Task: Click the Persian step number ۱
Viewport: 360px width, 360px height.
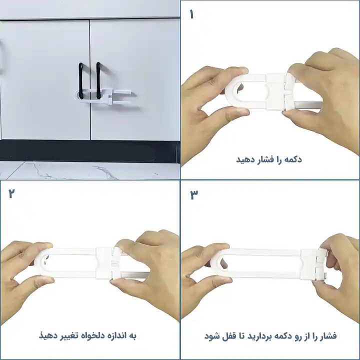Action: (x=191, y=14)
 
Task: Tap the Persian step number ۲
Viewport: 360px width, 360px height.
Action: (x=11, y=193)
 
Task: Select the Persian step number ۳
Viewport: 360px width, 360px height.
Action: (x=194, y=194)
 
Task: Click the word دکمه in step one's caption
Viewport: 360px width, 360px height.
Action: (x=292, y=159)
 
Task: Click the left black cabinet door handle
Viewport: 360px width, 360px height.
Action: (x=81, y=81)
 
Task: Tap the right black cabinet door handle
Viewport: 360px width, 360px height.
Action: (x=98, y=80)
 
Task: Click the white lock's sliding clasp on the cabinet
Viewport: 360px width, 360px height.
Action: (x=107, y=97)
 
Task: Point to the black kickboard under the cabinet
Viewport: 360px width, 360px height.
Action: (x=89, y=151)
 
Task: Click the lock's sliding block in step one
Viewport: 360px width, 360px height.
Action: (x=275, y=91)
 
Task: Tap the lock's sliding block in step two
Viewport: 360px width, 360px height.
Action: (x=104, y=263)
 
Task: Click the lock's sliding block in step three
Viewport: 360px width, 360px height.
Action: (x=309, y=264)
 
